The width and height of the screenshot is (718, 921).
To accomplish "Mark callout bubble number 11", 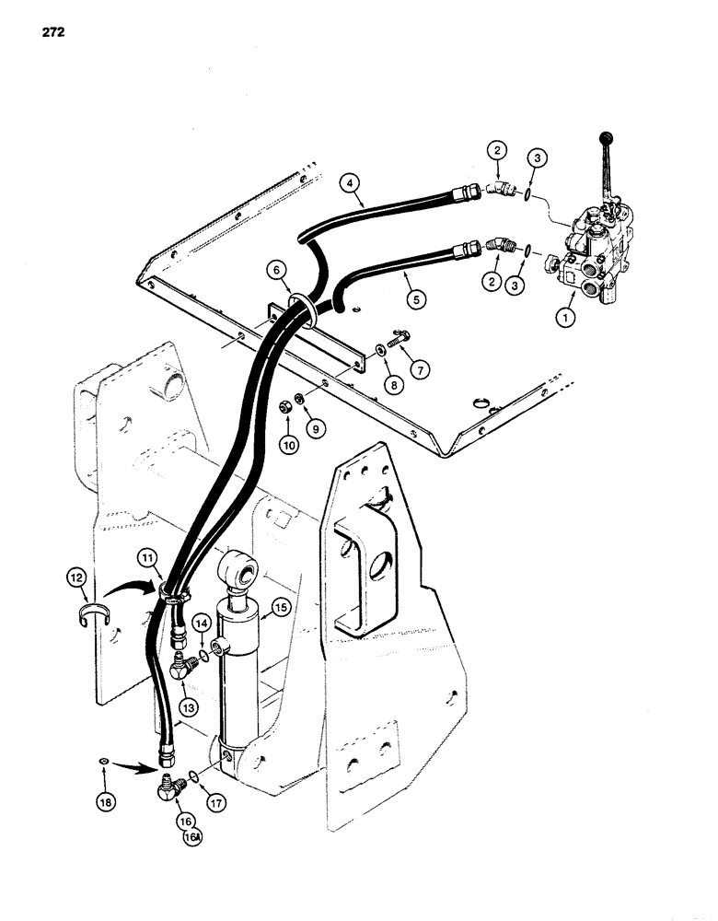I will tap(149, 556).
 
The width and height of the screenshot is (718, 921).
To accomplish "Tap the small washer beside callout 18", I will tap(104, 762).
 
